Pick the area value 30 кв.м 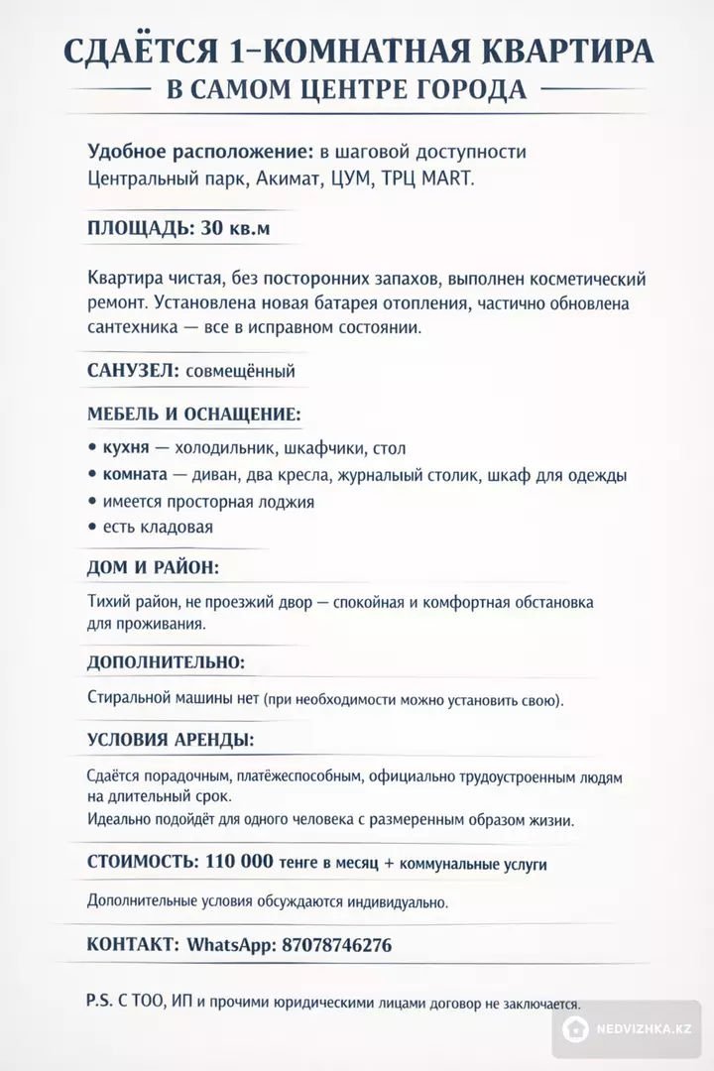pyautogui.click(x=236, y=229)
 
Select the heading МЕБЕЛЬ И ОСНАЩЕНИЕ pyautogui.click(x=194, y=415)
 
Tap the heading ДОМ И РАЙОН pyautogui.click(x=153, y=568)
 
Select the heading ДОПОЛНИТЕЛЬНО pyautogui.click(x=166, y=661)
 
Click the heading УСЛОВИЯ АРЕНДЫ pyautogui.click(x=170, y=740)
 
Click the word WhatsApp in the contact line pyautogui.click(x=231, y=945)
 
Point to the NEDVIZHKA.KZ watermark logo pyautogui.click(x=630, y=1029)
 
